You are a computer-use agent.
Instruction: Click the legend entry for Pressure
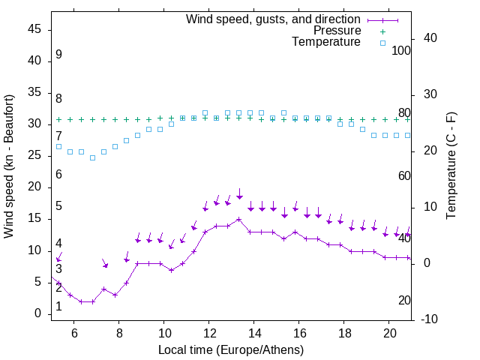[337, 31]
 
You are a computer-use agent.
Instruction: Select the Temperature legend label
[326, 42]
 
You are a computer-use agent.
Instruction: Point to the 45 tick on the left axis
[34, 29]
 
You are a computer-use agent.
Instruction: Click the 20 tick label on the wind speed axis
[34, 187]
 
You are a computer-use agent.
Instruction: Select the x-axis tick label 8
[119, 332]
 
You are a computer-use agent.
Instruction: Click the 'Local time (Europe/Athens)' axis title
[231, 349]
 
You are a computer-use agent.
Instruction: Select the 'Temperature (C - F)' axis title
[451, 166]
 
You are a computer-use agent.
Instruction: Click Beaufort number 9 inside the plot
[58, 55]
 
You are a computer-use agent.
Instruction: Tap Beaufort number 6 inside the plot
[58, 175]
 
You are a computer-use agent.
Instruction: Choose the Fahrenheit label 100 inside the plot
[402, 50]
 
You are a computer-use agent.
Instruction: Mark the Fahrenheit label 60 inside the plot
[405, 175]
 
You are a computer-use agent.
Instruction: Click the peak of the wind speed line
[239, 219]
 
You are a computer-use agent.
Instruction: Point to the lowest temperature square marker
[93, 157]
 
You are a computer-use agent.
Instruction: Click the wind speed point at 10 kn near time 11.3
[193, 250]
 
